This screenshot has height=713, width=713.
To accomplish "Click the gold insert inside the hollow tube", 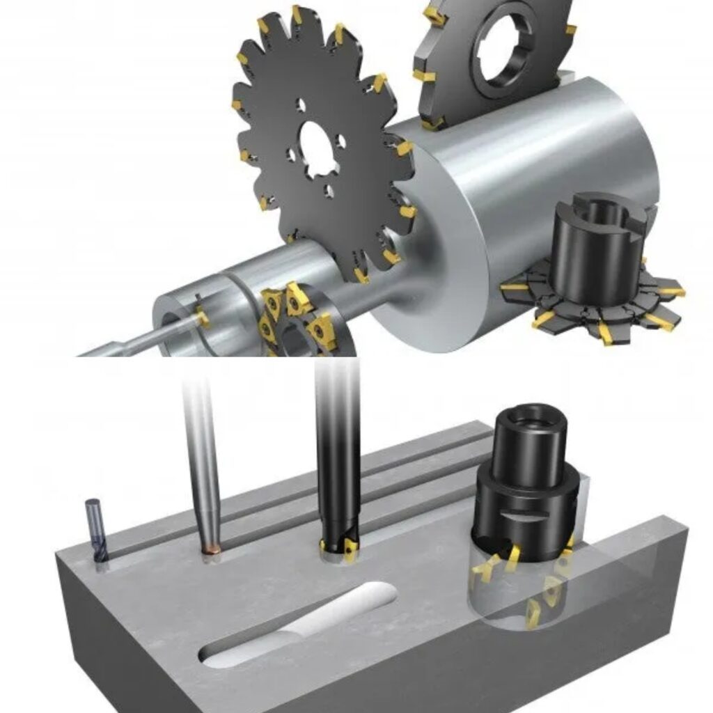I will click(x=203, y=318).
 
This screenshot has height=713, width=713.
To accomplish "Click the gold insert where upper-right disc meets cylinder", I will click(x=433, y=123).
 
